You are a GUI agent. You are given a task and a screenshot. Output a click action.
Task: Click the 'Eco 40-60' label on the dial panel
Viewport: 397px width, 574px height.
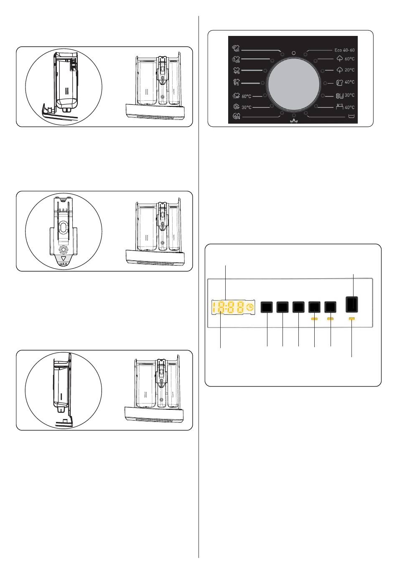click(x=344, y=50)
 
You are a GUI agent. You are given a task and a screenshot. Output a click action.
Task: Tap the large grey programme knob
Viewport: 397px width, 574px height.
click(x=293, y=84)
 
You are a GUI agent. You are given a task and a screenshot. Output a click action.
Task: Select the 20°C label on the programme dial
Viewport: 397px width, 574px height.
click(x=350, y=70)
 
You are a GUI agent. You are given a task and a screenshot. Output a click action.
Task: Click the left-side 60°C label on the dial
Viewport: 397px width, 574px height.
click(x=246, y=97)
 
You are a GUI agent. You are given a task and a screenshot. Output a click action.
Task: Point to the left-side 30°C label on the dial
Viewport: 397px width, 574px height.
click(x=246, y=107)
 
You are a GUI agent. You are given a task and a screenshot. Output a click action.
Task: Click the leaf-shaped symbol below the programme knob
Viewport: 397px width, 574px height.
click(x=294, y=121)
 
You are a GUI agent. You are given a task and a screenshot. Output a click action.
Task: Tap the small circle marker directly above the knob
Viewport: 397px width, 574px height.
click(x=294, y=53)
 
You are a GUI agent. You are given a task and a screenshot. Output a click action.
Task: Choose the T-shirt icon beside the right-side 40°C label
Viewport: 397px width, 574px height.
click(x=339, y=83)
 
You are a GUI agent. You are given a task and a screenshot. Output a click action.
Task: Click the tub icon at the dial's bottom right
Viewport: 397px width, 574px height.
click(x=351, y=116)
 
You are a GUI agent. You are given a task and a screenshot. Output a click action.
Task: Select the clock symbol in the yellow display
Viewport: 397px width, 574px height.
click(x=250, y=307)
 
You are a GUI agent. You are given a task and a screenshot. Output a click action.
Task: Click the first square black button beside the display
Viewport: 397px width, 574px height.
click(x=267, y=307)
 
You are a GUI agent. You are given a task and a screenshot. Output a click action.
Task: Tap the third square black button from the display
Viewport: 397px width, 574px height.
click(x=298, y=307)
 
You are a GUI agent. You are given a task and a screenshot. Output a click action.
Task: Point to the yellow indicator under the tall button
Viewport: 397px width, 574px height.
click(x=351, y=319)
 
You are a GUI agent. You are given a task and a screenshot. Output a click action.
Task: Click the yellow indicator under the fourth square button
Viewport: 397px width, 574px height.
click(x=315, y=319)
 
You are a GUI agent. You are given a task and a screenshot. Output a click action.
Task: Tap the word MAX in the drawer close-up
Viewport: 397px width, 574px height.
click(x=63, y=264)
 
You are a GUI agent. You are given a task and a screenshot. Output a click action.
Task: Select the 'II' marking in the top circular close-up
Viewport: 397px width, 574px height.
click(x=67, y=91)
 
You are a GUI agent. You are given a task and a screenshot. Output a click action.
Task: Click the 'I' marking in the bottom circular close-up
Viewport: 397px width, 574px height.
click(x=61, y=397)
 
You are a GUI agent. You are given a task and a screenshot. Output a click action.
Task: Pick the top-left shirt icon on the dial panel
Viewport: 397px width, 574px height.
click(x=236, y=48)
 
